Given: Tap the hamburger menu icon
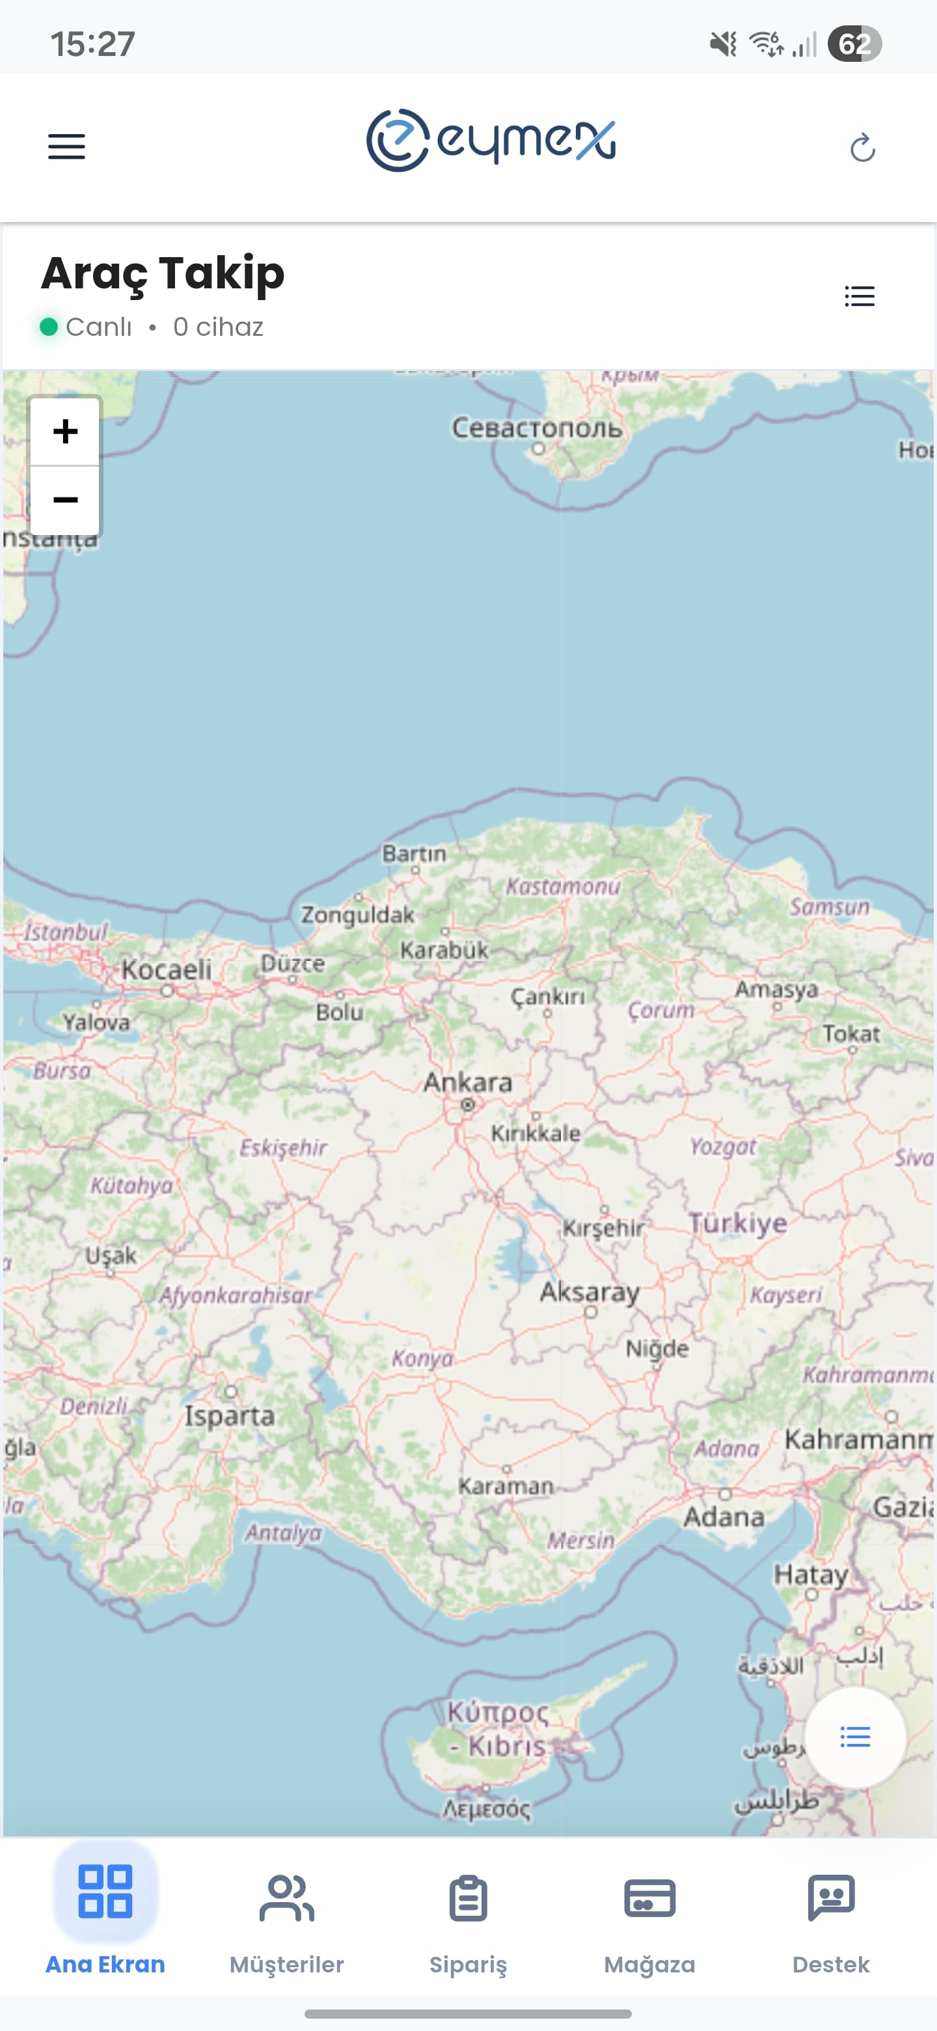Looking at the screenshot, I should (x=66, y=146).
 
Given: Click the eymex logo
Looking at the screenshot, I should (x=490, y=141).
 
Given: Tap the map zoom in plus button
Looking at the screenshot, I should (x=66, y=432).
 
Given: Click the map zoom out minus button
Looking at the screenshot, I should (x=66, y=500).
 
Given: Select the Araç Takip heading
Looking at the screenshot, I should (x=162, y=273).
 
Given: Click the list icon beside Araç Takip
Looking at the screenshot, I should (x=859, y=296).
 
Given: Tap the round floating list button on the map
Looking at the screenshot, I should (x=855, y=1737).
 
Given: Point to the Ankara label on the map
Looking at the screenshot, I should (x=467, y=1083).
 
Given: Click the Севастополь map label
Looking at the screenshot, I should (x=537, y=428).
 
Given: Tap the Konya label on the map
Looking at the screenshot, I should (x=422, y=1359).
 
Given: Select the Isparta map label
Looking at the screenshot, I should (x=229, y=1416).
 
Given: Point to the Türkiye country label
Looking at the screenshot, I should (x=738, y=1223).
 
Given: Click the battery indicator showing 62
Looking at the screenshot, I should (x=854, y=44).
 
